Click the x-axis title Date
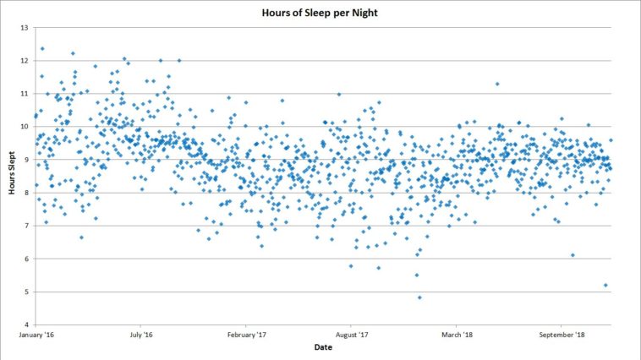(x=322, y=347)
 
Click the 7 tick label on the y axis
(x=25, y=226)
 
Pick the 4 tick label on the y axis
(x=25, y=325)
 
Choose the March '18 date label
(x=457, y=335)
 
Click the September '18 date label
(x=562, y=335)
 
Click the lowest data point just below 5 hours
(x=419, y=297)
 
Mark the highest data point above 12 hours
(x=42, y=49)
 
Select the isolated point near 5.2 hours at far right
(x=605, y=285)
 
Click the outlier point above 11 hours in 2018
(x=497, y=84)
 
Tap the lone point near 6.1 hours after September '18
(x=573, y=255)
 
